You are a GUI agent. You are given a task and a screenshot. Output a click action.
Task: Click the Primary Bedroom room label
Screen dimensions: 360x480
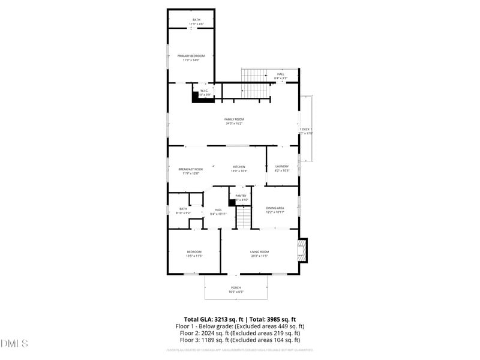(190, 56)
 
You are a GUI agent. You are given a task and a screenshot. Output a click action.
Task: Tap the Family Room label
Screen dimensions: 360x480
(235, 119)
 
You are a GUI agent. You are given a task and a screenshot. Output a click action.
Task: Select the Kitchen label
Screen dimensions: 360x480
(239, 167)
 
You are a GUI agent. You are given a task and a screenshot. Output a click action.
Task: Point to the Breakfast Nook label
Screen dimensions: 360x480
(191, 169)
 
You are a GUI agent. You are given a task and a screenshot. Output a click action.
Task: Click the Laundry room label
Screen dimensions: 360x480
(282, 167)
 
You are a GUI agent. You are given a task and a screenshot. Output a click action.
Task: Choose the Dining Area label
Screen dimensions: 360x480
(275, 208)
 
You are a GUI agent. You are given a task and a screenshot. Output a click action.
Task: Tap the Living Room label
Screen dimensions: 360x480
(259, 251)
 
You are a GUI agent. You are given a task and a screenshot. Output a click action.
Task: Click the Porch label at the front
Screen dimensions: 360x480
(236, 287)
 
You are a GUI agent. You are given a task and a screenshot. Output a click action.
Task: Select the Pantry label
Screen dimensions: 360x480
(241, 196)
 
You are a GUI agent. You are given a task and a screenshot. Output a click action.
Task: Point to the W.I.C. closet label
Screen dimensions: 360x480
(204, 91)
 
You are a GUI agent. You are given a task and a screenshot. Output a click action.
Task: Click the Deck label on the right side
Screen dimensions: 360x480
(305, 129)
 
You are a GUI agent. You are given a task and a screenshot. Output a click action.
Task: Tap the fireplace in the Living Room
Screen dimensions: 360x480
(303, 250)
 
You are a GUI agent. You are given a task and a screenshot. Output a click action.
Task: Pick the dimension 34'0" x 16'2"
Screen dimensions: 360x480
(235, 124)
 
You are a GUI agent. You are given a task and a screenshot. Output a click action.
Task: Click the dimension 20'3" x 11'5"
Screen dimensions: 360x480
(259, 256)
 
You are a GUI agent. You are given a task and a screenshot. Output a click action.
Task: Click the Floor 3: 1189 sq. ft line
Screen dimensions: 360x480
(239, 339)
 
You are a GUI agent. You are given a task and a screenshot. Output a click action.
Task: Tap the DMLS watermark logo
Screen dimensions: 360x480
(14, 344)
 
